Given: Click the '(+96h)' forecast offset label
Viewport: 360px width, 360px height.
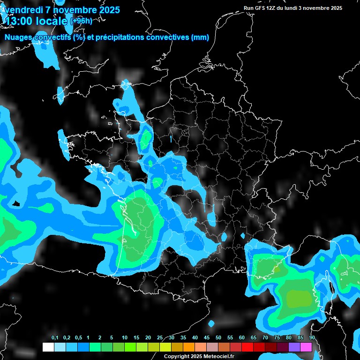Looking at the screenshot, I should point(81,21).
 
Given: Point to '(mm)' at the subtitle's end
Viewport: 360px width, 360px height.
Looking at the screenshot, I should point(200,37).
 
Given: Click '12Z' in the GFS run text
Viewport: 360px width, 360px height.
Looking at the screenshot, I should point(270,8).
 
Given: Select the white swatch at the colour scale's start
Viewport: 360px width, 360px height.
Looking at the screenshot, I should point(48,347).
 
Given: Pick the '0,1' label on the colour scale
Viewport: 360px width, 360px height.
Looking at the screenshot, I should point(55,338).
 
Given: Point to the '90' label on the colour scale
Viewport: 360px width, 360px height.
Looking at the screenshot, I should point(312,338).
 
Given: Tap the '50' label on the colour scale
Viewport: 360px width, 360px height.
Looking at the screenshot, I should point(218,338).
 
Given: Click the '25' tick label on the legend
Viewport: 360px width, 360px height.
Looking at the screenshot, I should point(160,338).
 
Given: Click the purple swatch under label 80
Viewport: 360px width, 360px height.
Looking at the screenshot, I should point(294,347).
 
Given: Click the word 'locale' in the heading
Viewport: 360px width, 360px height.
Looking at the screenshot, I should point(51,21).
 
